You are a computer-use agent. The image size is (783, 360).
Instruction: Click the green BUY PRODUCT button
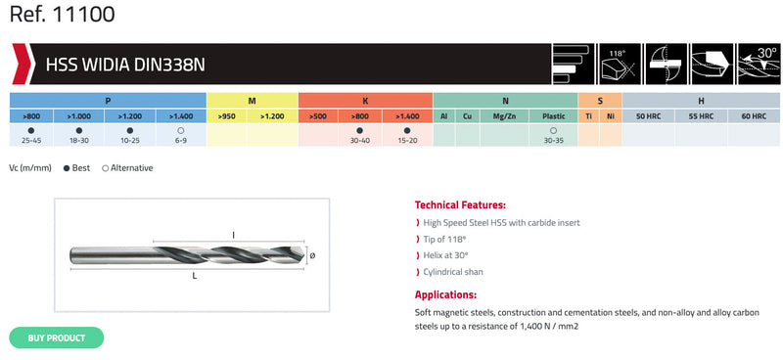57,338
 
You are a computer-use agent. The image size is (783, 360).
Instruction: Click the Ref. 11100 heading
62,15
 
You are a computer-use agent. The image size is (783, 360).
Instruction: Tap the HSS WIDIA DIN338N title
125,65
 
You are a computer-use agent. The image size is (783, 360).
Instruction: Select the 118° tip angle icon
619,64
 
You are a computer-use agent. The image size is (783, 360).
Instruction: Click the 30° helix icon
758,64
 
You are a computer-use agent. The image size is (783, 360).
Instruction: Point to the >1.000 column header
79,116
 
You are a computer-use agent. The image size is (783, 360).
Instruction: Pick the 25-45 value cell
31,140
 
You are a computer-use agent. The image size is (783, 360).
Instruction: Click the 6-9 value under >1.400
181,140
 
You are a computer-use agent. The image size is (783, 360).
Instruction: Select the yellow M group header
253,101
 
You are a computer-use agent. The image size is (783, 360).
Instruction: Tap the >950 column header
227,116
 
